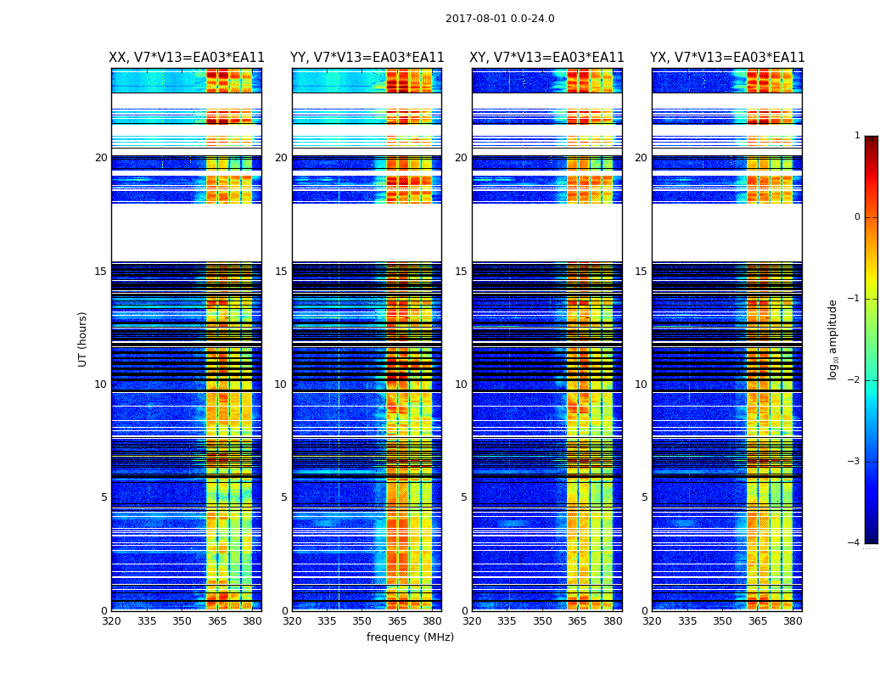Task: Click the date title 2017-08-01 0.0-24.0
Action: [x=500, y=19]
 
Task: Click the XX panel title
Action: [x=187, y=58]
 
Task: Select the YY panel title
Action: [x=367, y=58]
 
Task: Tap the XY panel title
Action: [x=546, y=58]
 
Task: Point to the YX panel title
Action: [x=727, y=58]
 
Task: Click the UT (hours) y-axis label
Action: [x=83, y=339]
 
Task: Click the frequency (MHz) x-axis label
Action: [x=410, y=637]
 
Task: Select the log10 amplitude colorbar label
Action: [x=833, y=339]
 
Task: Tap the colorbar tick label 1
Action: [x=857, y=136]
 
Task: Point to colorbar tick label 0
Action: [x=857, y=217]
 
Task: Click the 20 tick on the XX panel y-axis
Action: [x=101, y=158]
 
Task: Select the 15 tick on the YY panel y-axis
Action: [x=281, y=272]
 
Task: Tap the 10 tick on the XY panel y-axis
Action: [x=461, y=384]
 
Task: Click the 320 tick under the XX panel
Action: [x=112, y=621]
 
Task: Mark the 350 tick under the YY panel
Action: [x=362, y=621]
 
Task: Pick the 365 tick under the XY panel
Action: [x=577, y=621]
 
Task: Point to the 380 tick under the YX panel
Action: [x=793, y=621]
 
